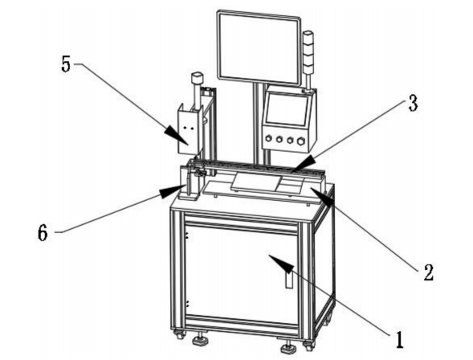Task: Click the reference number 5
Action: pos(66,64)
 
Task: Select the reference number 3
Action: pos(412,103)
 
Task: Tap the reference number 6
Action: pos(43,233)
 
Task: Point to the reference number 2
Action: pos(428,272)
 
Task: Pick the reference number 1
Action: pos(399,339)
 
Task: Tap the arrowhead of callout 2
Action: pos(323,195)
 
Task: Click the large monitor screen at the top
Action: pos(259,47)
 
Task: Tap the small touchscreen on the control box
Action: pos(287,109)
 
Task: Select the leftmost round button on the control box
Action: pos(268,139)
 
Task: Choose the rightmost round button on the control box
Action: pos(300,141)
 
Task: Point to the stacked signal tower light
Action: pos(308,60)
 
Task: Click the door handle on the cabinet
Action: pos(289,279)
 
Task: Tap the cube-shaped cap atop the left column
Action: pos(197,78)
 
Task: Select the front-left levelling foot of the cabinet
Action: pos(200,340)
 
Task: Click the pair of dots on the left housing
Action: pos(187,129)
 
